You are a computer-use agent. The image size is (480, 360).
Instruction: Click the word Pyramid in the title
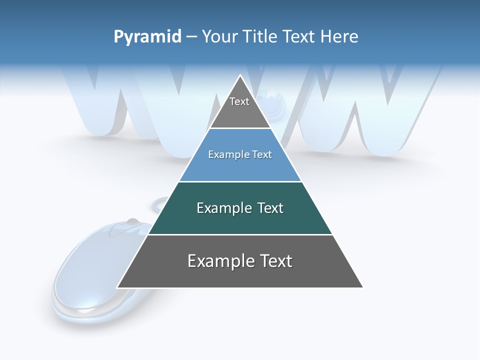[147, 37]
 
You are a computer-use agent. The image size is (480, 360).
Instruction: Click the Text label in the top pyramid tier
[239, 101]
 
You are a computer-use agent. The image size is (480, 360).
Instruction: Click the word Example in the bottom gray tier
[221, 261]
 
